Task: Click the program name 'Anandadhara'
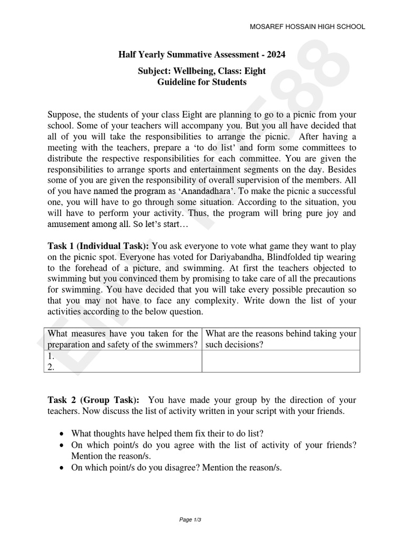(200, 191)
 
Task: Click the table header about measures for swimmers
(123, 339)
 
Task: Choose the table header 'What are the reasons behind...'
(281, 339)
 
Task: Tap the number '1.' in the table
(51, 356)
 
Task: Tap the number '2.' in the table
(51, 368)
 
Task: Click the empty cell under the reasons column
(281, 361)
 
